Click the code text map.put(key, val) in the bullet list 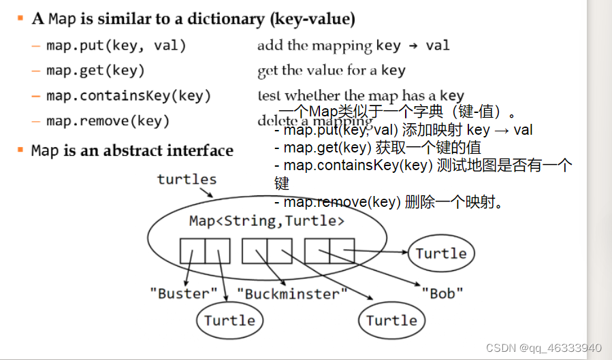(116, 46)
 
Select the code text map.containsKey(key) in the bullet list (129, 96)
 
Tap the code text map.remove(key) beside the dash (108, 121)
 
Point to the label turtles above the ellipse (187, 180)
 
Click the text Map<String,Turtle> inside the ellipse (267, 220)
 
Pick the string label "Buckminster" (292, 294)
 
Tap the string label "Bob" (442, 294)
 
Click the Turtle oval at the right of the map (441, 254)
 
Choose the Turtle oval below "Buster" (229, 321)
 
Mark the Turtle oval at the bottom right (391, 321)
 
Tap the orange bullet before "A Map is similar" (22, 16)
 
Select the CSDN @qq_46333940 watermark (543, 347)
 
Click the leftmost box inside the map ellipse (193, 251)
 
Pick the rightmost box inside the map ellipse (342, 251)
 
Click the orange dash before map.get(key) (35, 71)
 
